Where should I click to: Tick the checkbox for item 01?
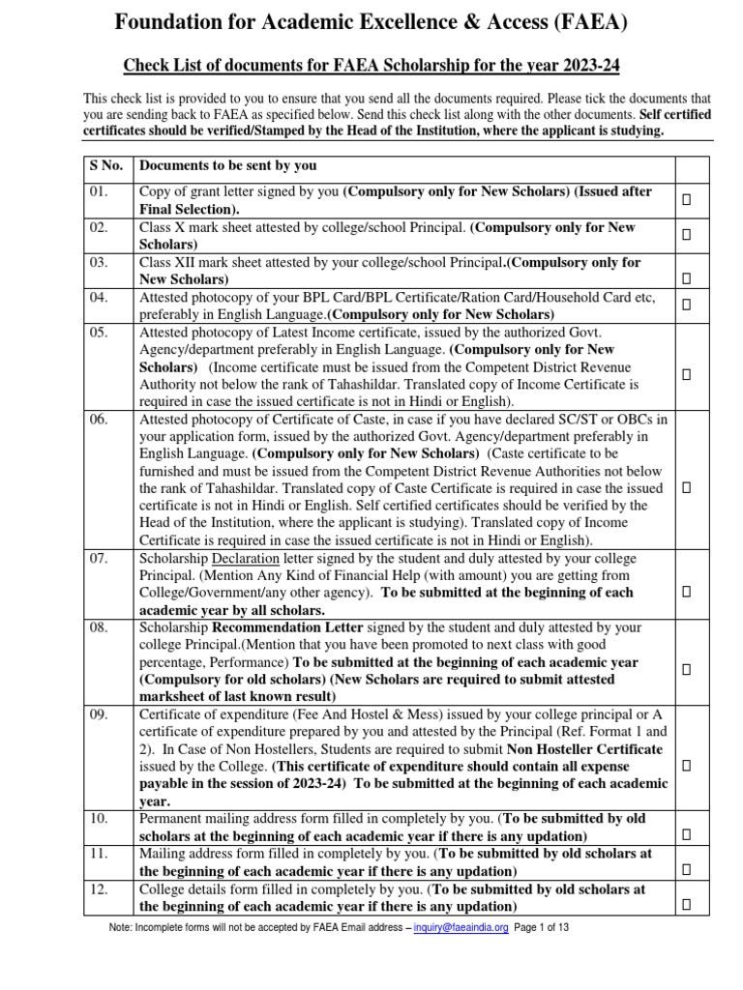(x=686, y=199)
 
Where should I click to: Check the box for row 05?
(x=686, y=373)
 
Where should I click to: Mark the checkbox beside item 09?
(x=686, y=765)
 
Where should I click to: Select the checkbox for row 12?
(x=686, y=905)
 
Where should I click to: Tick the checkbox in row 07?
(x=686, y=590)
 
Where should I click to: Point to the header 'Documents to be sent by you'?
(x=228, y=165)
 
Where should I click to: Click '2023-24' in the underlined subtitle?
(x=585, y=66)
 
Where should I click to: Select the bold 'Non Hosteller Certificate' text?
(x=585, y=749)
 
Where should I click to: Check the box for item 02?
(x=686, y=234)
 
